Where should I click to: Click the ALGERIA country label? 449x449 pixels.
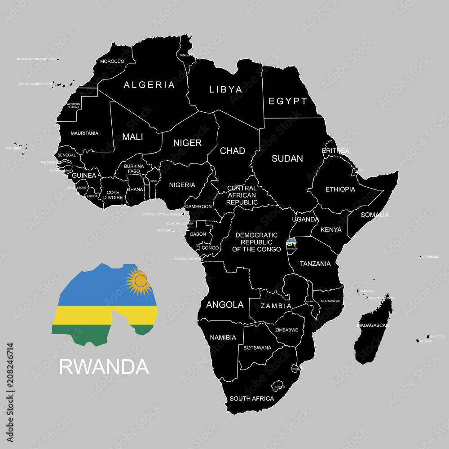[x=149, y=85]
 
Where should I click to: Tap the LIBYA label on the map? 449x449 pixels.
[x=226, y=89]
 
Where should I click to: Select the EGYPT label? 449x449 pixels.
[x=288, y=101]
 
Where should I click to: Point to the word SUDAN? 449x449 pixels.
[x=288, y=158]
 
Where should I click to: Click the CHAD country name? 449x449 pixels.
[x=232, y=151]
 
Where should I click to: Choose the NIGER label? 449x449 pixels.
[x=187, y=143]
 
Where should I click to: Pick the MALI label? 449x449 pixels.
[x=132, y=137]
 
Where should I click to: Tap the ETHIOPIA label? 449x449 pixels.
[x=340, y=189]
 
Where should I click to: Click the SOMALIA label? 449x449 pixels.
[x=375, y=215]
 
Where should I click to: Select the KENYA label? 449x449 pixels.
[x=331, y=230]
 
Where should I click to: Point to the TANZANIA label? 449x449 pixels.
[x=315, y=264]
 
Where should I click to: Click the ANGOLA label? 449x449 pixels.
[x=224, y=305]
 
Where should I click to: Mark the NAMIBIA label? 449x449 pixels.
[x=223, y=337]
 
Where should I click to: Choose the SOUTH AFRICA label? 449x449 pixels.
[x=251, y=398]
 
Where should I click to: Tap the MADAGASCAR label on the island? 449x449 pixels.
[x=373, y=325]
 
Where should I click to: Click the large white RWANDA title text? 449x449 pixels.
[x=104, y=367]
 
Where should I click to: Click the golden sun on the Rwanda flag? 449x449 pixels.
[x=141, y=282]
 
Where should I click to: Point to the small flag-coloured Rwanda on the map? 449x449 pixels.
[x=291, y=242]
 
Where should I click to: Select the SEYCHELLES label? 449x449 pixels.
[x=430, y=256]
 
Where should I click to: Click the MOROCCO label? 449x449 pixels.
[x=112, y=61]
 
